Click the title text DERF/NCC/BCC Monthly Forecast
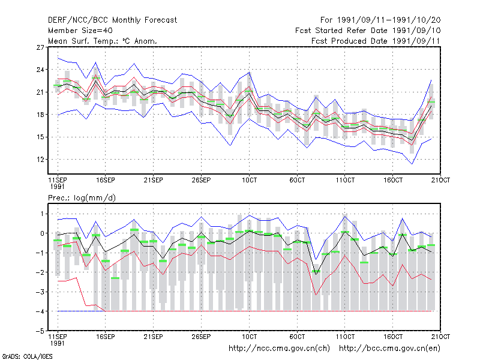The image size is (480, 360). tap(112, 20)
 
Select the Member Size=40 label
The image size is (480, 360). tap(80, 31)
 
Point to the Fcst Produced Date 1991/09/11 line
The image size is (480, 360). tap(376, 41)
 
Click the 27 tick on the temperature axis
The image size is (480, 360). tap(40, 47)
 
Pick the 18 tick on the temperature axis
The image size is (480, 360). tap(40, 115)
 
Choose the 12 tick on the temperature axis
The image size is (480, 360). tap(40, 160)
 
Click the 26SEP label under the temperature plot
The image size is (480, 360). tap(201, 180)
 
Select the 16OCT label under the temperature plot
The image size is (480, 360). tap(393, 180)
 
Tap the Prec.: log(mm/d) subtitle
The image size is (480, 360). tap(82, 198)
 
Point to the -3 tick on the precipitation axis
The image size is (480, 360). tap(40, 292)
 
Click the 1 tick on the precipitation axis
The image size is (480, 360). tap(42, 214)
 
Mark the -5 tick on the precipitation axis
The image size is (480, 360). tap(40, 331)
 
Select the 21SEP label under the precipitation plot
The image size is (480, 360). tap(154, 337)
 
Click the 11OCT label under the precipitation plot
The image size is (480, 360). tap(345, 337)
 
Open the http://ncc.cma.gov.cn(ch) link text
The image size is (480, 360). tap(279, 349)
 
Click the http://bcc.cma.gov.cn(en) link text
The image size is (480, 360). tap(389, 349)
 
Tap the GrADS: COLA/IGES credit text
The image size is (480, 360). tap(27, 356)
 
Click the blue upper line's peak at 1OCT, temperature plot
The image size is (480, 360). tap(250, 73)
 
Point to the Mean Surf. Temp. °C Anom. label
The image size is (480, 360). tap(102, 41)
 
